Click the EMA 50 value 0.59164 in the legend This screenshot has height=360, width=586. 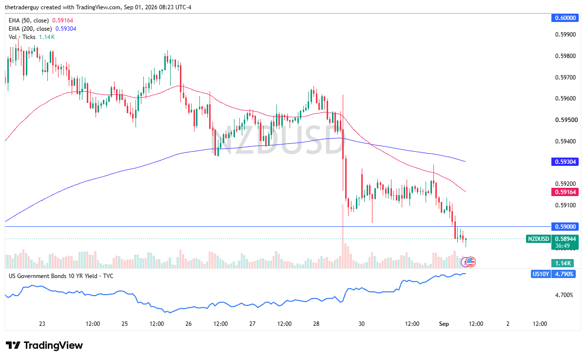coord(62,20)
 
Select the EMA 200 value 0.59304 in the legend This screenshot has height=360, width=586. coord(66,29)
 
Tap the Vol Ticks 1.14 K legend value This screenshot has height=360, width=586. coord(47,37)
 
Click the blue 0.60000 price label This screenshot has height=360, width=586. coord(565,18)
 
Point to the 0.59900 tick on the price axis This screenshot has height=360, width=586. coord(566,35)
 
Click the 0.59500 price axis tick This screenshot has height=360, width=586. coord(566,120)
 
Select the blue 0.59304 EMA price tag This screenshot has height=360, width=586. coord(565,162)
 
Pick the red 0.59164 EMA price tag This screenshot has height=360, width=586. coord(565,192)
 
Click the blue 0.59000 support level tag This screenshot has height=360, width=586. coord(565,226)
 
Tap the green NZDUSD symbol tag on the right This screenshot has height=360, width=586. coord(538,239)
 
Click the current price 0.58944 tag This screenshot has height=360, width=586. coord(565,239)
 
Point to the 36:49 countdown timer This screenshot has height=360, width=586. coord(563,246)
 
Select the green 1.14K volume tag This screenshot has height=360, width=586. coord(563,263)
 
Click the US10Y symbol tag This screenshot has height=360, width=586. coord(541,274)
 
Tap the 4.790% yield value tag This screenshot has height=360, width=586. coord(564,274)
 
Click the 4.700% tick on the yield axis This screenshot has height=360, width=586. coord(564,295)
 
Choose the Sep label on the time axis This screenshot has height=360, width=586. coord(444,324)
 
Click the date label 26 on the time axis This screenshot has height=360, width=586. coord(188,324)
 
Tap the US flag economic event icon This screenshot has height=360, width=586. coord(470,262)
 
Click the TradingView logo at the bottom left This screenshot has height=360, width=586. coord(44,345)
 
